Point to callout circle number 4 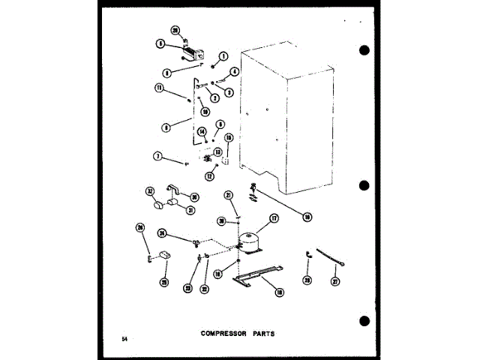234,72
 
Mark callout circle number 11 159,88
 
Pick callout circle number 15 229,138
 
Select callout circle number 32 148,191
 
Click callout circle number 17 274,219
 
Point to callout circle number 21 229,195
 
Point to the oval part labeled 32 159,204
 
